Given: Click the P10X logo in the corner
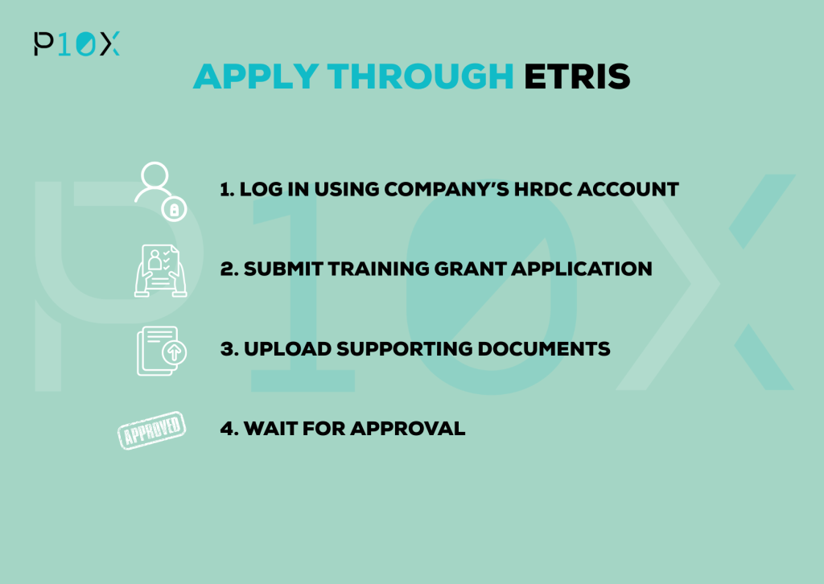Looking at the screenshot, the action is pyautogui.click(x=76, y=43).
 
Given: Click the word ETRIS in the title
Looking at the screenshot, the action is pyautogui.click(x=577, y=76).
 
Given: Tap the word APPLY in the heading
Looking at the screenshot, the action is pyautogui.click(x=256, y=76).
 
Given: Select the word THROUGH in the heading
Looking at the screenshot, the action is pyautogui.click(x=420, y=76).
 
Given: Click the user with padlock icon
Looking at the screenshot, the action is pyautogui.click(x=160, y=191).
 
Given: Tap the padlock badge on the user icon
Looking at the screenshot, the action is pyautogui.click(x=175, y=209).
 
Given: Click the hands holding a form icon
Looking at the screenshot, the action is pyautogui.click(x=160, y=270).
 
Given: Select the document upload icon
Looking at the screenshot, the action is pyautogui.click(x=161, y=351).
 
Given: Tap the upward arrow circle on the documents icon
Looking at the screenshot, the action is pyautogui.click(x=175, y=352).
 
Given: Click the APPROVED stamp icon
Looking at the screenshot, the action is pyautogui.click(x=151, y=430).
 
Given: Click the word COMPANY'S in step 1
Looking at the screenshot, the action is pyautogui.click(x=447, y=190).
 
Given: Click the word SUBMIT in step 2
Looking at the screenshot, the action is pyautogui.click(x=283, y=269).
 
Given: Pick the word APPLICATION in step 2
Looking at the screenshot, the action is pyautogui.click(x=582, y=269).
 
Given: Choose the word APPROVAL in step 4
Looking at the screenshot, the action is pyautogui.click(x=408, y=429).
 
